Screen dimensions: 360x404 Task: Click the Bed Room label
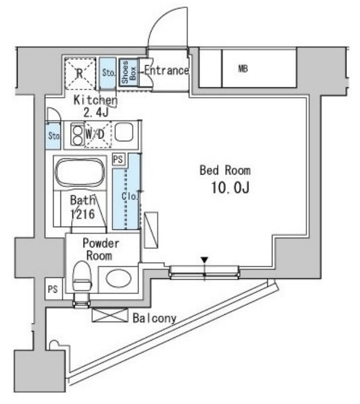(225, 170)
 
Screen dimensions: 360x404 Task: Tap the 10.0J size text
(230, 188)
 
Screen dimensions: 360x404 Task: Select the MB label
(243, 69)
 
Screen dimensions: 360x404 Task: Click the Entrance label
(167, 70)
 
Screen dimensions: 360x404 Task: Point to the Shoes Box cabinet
(129, 72)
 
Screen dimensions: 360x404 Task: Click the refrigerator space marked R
(80, 73)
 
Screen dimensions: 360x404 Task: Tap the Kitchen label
(96, 100)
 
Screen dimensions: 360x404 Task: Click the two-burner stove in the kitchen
(77, 134)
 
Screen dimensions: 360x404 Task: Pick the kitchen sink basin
(124, 132)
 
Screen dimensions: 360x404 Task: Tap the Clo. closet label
(130, 197)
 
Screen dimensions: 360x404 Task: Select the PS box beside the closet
(118, 159)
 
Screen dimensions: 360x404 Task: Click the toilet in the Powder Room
(82, 276)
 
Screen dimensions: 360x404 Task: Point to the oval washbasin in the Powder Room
(119, 279)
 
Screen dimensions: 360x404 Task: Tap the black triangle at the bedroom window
(205, 260)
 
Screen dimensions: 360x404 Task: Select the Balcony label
(154, 319)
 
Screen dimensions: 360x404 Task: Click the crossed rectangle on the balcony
(110, 315)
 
